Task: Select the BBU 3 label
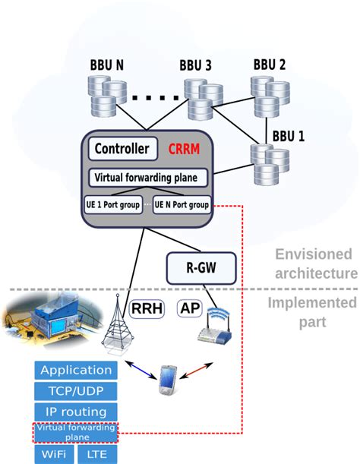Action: (195, 66)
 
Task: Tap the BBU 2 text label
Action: (270, 65)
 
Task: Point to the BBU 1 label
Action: (289, 137)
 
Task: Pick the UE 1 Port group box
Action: (112, 204)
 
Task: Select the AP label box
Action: (190, 308)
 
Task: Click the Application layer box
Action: (76, 371)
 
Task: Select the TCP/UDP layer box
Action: (76, 391)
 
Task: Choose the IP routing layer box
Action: (76, 412)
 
